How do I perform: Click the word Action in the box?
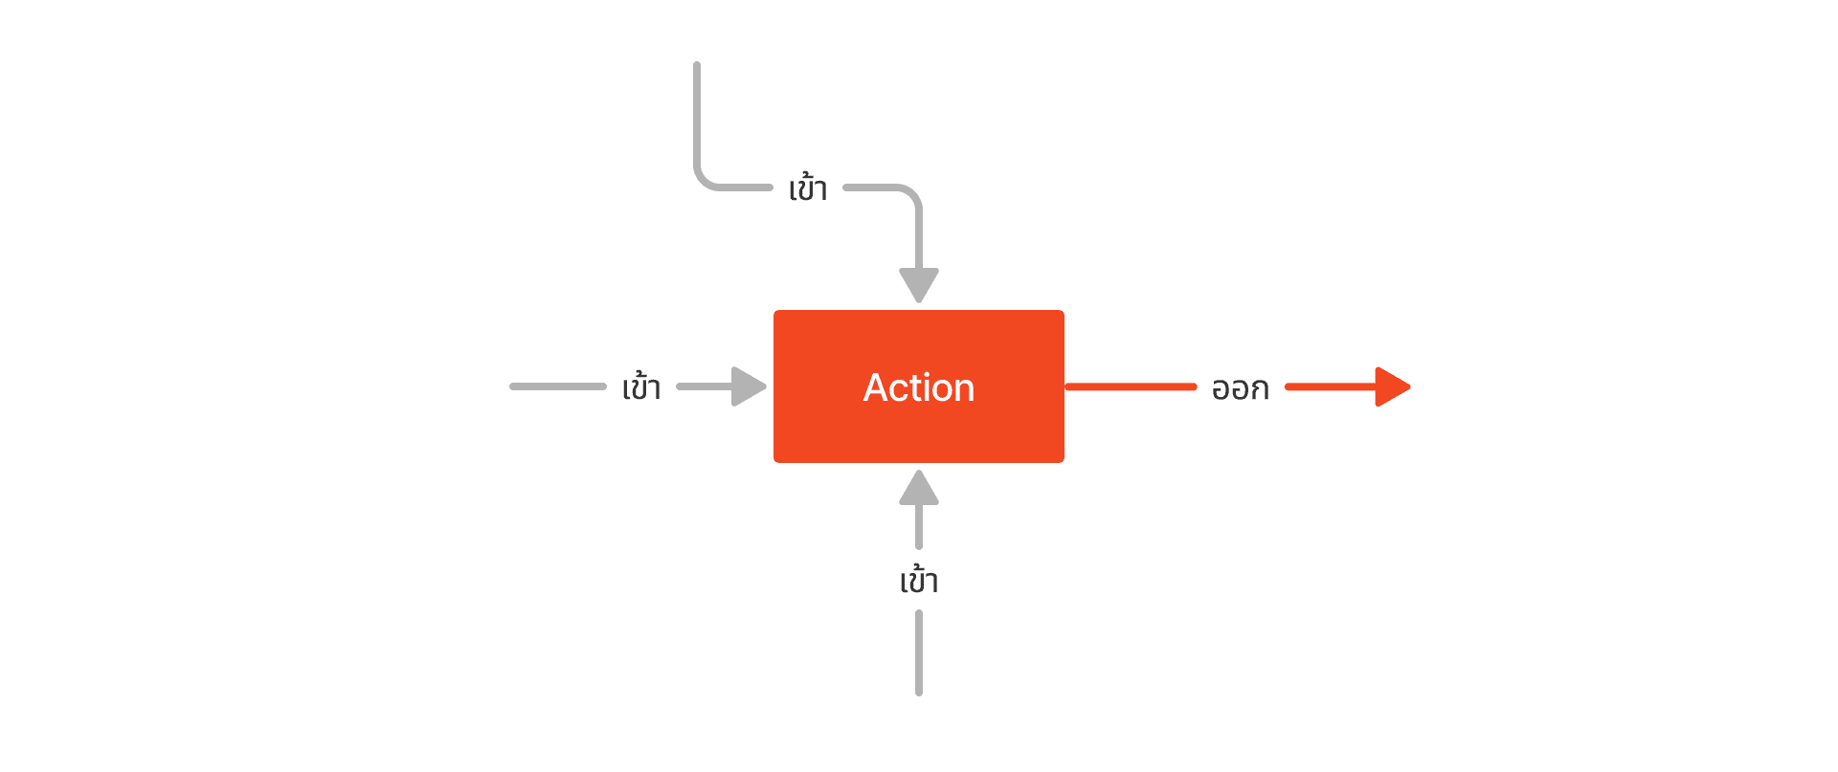tap(918, 387)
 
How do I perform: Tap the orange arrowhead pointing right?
tap(1392, 386)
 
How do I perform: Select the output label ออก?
tap(1240, 388)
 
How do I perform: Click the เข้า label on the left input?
tap(641, 386)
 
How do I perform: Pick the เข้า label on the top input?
tap(808, 188)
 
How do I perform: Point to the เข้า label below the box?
tap(919, 580)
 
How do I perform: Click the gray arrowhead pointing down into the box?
tap(919, 284)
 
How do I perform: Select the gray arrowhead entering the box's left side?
tap(749, 386)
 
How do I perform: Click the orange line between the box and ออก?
tap(1131, 386)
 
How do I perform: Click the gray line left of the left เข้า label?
tap(558, 386)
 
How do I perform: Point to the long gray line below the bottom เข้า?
tap(919, 652)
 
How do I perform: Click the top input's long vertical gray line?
tap(697, 115)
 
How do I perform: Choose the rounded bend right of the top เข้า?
tap(909, 194)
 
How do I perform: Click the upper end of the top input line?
tap(697, 66)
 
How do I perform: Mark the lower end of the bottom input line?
tap(919, 692)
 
